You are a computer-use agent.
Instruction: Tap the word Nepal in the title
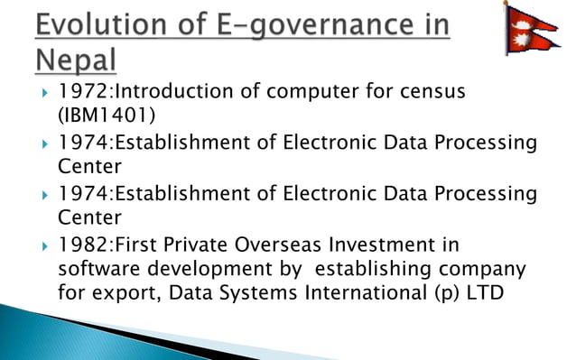tap(77, 60)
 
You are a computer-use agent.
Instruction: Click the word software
tap(97, 269)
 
